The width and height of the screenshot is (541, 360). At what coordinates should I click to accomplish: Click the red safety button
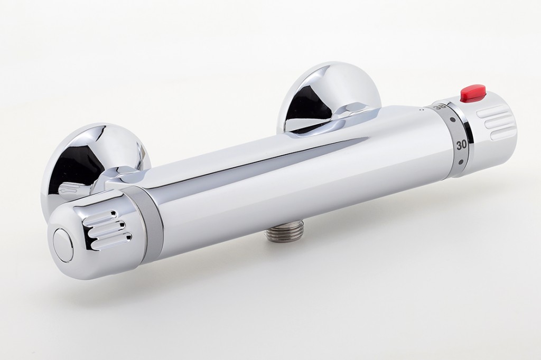[x=473, y=94]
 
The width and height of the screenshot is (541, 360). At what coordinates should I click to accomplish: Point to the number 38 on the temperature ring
[x=439, y=107]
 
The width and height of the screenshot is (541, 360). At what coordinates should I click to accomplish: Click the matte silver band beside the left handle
[x=150, y=219]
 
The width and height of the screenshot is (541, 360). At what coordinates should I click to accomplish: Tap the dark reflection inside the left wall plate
[x=74, y=164]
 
